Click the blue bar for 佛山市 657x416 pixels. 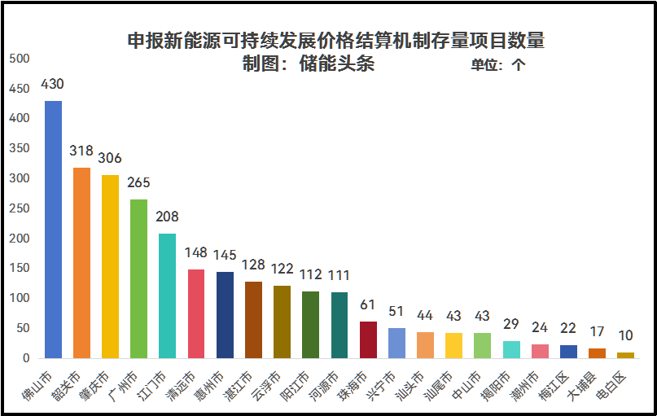pos(53,230)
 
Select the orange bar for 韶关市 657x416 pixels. pos(81,262)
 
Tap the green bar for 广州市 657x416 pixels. pos(138,278)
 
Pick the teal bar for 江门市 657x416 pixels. pos(167,296)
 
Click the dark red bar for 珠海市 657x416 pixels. pos(368,339)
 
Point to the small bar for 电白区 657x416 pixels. pos(625,355)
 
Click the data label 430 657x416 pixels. pos(52,85)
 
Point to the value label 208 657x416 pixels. pos(167,217)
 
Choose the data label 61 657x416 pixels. pos(368,305)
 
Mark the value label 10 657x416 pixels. pos(625,335)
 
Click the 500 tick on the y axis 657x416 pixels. pos(19,59)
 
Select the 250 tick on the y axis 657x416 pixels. pos(19,208)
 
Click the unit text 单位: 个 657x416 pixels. pos(498,66)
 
